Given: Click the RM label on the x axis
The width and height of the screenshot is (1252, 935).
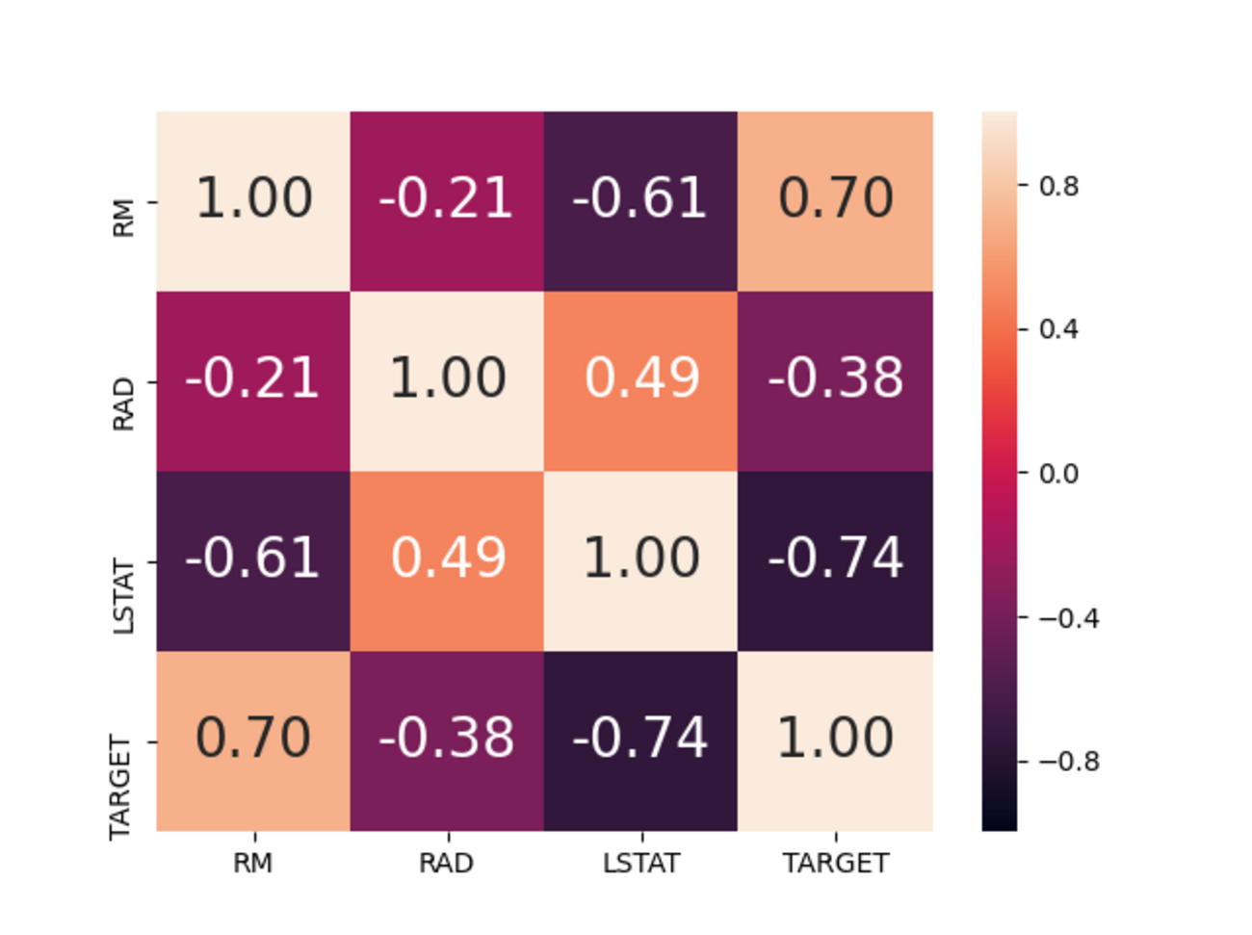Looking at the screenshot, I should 252,863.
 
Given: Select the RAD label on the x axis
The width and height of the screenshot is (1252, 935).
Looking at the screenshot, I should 447,863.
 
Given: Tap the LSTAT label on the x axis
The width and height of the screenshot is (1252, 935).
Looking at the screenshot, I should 641,863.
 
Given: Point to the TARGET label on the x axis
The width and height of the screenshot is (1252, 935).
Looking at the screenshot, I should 835,863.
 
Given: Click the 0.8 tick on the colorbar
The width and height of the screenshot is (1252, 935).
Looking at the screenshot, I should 1058,186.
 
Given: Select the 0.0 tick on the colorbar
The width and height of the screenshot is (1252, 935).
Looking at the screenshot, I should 1058,474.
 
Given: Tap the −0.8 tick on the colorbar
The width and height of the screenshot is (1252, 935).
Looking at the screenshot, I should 1068,762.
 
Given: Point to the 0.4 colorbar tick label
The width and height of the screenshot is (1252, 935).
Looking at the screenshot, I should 1058,329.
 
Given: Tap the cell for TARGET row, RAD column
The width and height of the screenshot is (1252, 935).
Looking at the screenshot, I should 447,740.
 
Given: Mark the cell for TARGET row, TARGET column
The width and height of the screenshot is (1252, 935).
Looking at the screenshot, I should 835,740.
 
